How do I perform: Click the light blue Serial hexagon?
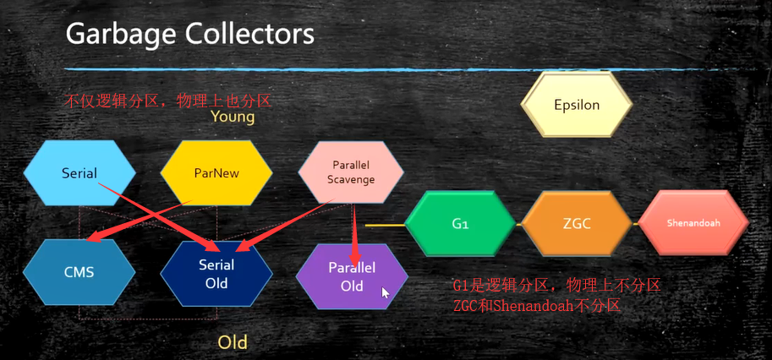[79, 173]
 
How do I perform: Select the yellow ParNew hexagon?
[216, 173]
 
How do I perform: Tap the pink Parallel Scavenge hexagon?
[351, 172]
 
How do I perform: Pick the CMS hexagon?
[79, 272]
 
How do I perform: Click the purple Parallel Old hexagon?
[352, 276]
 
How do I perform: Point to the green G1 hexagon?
[460, 224]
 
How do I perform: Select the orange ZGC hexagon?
[577, 224]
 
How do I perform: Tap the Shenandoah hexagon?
[693, 223]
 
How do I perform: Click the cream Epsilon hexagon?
[577, 104]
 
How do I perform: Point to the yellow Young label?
[233, 117]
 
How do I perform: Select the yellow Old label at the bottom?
[233, 342]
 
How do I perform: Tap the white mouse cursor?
[386, 292]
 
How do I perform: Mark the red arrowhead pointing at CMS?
[94, 237]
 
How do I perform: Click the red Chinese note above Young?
[168, 101]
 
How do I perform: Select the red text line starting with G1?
[557, 286]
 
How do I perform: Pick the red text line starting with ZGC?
[536, 306]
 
